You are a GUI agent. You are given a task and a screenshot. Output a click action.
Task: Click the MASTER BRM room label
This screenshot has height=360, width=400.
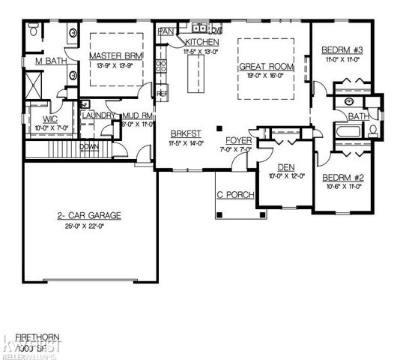click(112, 56)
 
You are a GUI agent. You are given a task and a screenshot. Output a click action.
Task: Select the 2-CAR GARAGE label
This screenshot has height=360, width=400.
click(89, 215)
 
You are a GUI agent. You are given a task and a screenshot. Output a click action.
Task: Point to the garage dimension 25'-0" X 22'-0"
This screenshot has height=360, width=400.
click(89, 226)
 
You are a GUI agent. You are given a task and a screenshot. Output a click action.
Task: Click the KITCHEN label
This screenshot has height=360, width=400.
click(202, 42)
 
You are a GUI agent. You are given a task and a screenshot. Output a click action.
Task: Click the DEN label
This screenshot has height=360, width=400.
click(285, 168)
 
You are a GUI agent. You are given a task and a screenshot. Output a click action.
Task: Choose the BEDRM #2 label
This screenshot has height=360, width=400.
click(342, 178)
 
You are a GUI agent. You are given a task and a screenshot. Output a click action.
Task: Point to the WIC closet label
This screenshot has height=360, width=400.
click(51, 118)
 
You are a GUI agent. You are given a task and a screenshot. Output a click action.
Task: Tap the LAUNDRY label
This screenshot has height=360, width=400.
click(97, 115)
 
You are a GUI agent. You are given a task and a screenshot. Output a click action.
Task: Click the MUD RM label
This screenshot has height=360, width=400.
click(137, 115)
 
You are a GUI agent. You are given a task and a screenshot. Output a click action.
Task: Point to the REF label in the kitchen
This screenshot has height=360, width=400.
click(162, 93)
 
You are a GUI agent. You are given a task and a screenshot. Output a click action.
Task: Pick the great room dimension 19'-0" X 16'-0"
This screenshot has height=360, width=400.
click(267, 76)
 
